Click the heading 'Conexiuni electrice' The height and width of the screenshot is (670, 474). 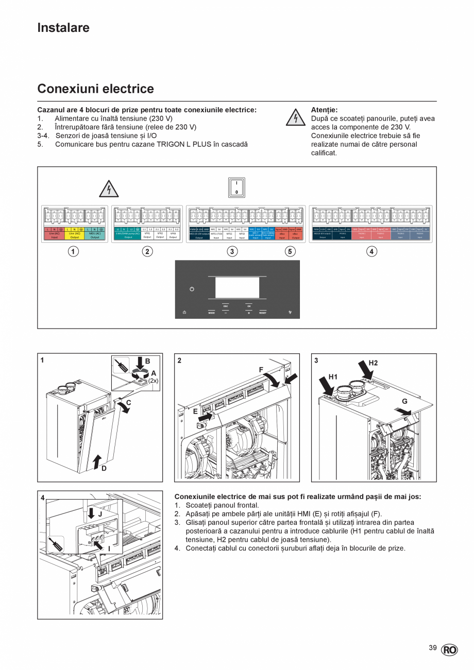point(95,89)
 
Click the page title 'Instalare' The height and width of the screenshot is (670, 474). point(63,28)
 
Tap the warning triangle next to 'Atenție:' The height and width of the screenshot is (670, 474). point(295,118)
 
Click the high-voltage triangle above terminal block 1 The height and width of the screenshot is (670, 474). point(109,189)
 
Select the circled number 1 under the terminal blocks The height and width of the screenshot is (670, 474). point(74,251)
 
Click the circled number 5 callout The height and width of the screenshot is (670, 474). point(291,251)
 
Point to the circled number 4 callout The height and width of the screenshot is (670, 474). point(370,251)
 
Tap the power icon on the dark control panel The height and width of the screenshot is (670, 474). point(192,289)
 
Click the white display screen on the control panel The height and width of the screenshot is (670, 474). point(237,288)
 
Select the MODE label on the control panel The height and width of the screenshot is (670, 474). point(211,313)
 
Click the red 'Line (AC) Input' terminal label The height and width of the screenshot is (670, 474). point(55,235)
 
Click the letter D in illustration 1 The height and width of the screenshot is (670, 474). point(104,468)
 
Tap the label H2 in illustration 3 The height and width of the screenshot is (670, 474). point(373,363)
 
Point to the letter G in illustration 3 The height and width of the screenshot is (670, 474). point(404,401)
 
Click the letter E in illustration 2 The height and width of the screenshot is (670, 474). point(195,411)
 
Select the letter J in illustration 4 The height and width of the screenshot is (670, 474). point(100,514)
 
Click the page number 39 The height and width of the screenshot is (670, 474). point(432,648)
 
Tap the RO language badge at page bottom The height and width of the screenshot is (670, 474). point(449,650)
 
